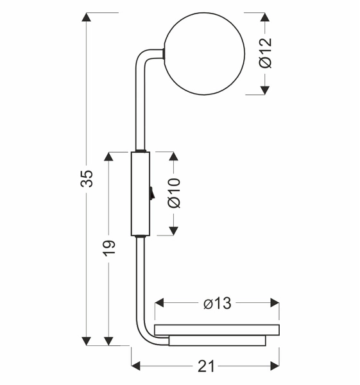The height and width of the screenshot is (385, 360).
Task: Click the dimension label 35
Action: tap(87, 178)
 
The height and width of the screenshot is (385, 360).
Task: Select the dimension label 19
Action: tap(108, 248)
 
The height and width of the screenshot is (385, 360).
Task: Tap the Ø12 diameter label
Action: tap(266, 53)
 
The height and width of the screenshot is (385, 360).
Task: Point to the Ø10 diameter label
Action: tap(175, 193)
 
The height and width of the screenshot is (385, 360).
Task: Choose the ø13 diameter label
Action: tap(218, 304)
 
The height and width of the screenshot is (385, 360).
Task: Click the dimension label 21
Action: tap(206, 366)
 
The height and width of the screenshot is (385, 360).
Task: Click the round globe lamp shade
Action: tap(204, 53)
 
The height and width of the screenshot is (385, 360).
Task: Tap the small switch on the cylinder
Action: tap(151, 193)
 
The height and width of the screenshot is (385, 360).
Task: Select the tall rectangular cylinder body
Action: tap(141, 194)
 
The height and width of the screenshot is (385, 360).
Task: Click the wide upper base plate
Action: tap(217, 330)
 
